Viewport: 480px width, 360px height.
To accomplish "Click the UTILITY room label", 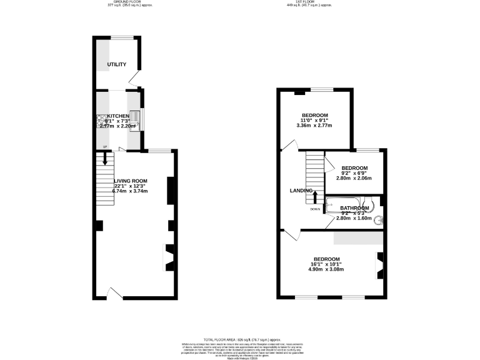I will [x=117, y=64].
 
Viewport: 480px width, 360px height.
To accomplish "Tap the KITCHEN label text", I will [x=118, y=116].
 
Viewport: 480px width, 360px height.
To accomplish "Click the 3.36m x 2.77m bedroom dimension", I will [x=315, y=126].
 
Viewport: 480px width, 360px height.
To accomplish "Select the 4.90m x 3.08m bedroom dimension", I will [x=327, y=269].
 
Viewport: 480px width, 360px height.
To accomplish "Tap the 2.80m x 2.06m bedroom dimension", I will [x=354, y=178].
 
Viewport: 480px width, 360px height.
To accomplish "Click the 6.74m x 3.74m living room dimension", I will [x=130, y=191].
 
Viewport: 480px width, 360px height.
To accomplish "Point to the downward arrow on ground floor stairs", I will [x=105, y=160].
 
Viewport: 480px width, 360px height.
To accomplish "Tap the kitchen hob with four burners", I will [x=101, y=121].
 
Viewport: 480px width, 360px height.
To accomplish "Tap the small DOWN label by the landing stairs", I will [x=314, y=209].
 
